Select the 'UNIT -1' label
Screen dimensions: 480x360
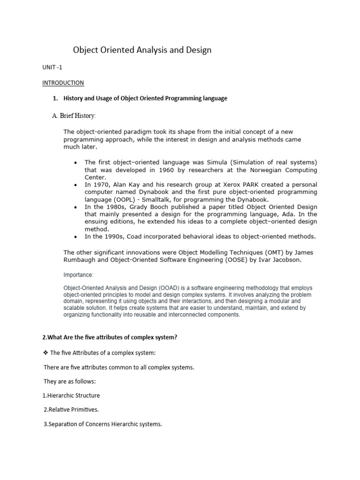pyautogui.click(x=52, y=67)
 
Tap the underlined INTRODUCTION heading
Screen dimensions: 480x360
pyautogui.click(x=63, y=83)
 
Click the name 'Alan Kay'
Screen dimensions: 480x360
pyautogui.click(x=129, y=185)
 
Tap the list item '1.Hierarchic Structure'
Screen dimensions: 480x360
pyautogui.click(x=71, y=395)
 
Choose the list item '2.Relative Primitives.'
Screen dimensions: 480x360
pyautogui.click(x=71, y=409)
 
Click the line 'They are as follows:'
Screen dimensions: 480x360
pyautogui.click(x=69, y=382)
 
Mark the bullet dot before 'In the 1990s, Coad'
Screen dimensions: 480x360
pyautogui.click(x=76, y=237)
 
